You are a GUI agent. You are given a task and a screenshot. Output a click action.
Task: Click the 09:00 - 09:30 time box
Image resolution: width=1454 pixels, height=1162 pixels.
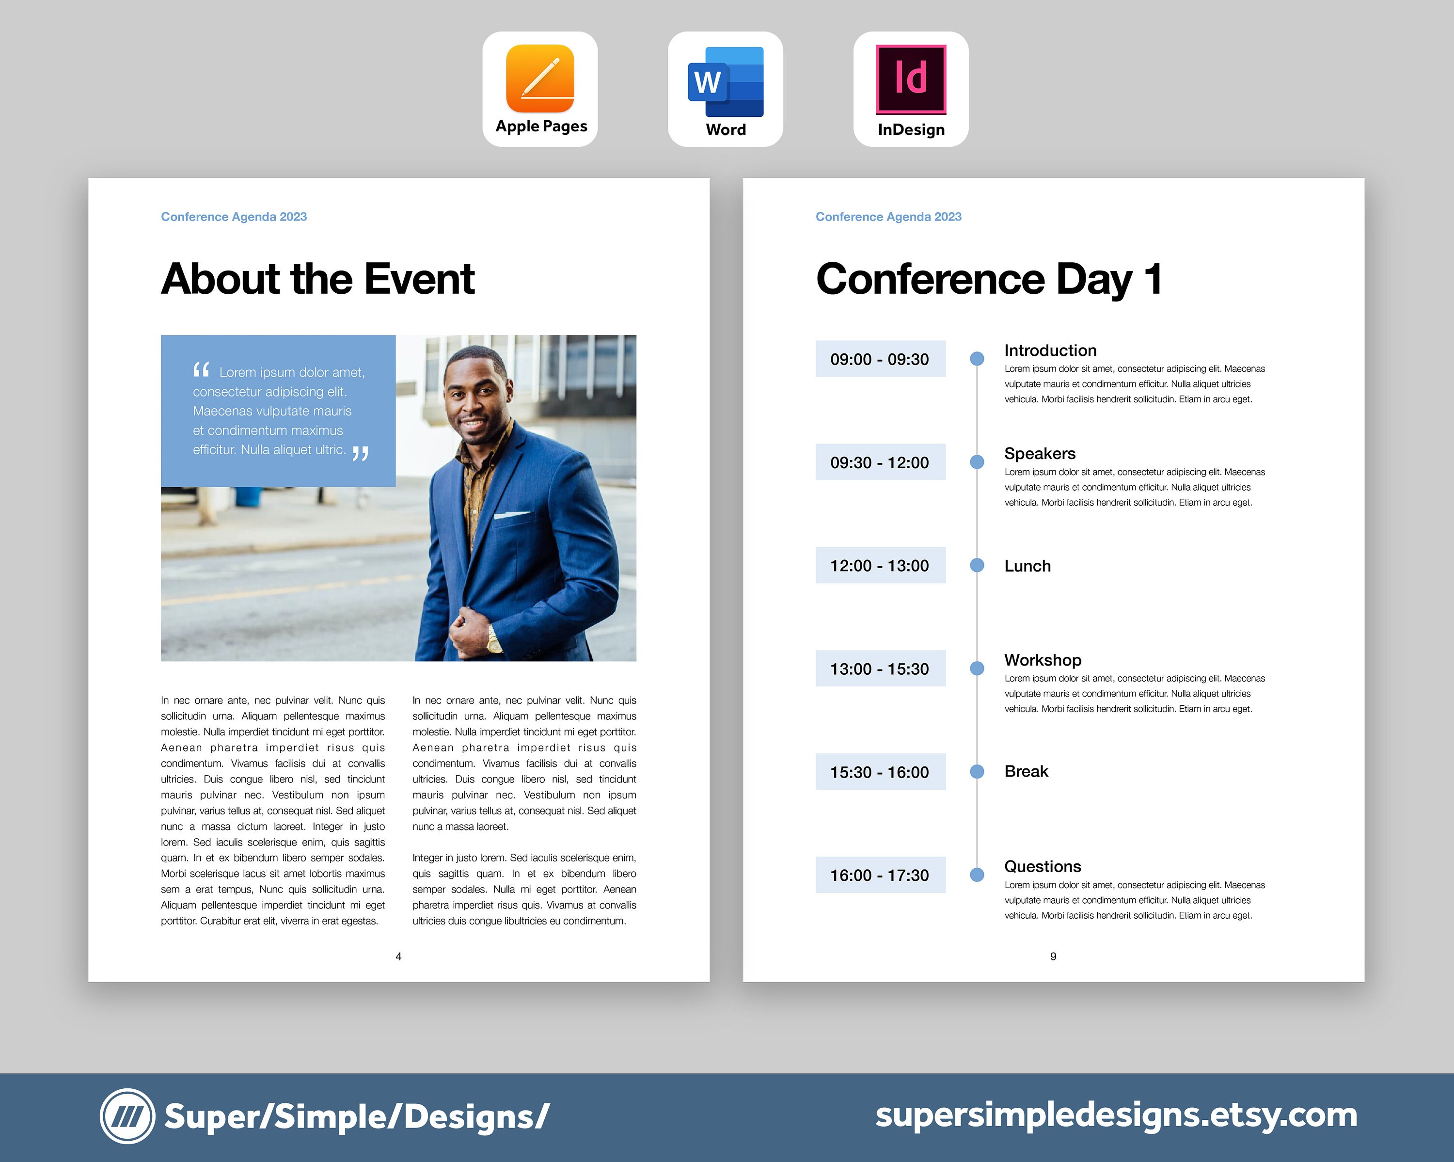(x=880, y=359)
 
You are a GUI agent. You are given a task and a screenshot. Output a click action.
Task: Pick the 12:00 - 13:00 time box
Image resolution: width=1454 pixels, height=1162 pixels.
(x=880, y=565)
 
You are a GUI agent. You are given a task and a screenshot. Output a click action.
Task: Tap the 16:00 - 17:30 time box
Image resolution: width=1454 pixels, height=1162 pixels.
(x=880, y=875)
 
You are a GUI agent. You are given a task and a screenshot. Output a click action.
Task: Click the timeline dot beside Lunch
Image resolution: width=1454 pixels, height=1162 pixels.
(x=977, y=565)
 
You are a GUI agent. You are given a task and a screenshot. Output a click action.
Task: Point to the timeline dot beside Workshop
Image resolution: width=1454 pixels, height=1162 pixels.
(x=977, y=669)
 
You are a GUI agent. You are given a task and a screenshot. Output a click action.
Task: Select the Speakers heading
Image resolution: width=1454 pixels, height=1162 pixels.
(x=1039, y=453)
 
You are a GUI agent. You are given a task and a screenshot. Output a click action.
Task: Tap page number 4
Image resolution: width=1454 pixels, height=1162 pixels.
(x=398, y=956)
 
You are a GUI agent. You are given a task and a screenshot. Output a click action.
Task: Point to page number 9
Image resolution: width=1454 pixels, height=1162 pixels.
(x=1053, y=956)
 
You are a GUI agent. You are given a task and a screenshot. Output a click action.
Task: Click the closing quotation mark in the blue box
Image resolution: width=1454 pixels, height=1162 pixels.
(x=361, y=453)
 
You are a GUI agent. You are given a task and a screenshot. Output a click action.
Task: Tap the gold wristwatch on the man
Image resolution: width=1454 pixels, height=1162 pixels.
(x=494, y=637)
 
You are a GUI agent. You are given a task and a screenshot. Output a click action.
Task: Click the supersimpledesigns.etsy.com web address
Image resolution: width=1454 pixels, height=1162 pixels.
(x=1116, y=1115)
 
